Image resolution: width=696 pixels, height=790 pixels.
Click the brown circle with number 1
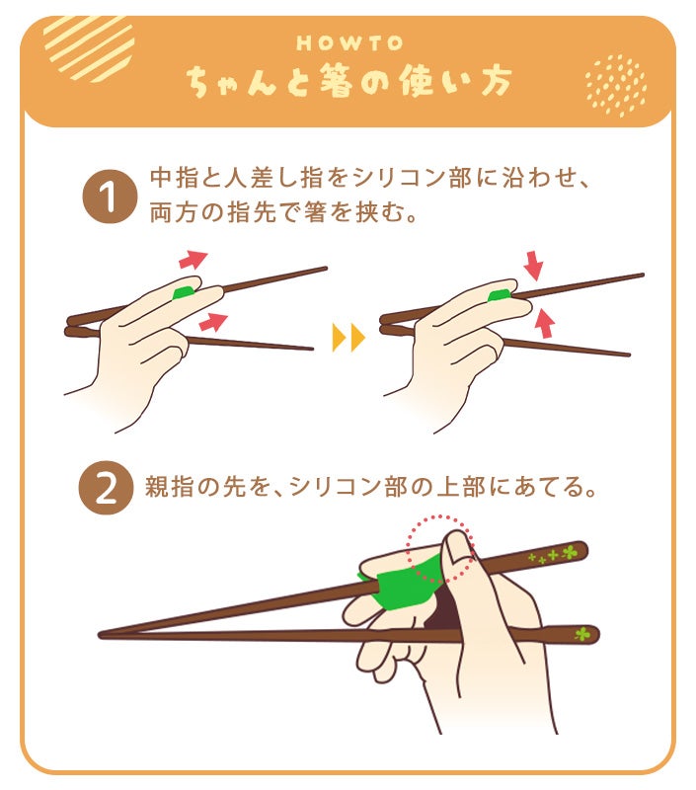click(110, 196)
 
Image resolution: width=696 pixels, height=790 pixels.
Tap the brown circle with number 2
click(106, 487)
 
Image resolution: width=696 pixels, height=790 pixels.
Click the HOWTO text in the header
click(349, 43)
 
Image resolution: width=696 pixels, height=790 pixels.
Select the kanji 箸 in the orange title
click(336, 81)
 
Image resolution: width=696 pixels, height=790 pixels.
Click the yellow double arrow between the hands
click(348, 337)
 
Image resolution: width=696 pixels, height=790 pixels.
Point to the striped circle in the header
click(89, 46)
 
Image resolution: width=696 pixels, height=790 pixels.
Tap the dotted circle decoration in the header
click(616, 85)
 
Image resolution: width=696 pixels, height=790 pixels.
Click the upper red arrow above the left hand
click(193, 259)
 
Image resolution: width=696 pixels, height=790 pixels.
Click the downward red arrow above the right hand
click(533, 265)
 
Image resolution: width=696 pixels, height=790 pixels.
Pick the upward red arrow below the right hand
click(544, 322)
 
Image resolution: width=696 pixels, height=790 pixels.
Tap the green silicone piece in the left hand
click(183, 292)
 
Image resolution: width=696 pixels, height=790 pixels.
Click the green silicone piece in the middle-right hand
click(500, 295)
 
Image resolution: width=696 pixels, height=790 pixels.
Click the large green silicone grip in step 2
click(403, 582)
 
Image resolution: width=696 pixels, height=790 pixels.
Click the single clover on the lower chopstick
click(581, 633)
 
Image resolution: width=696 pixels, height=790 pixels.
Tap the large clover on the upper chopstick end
click(570, 552)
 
